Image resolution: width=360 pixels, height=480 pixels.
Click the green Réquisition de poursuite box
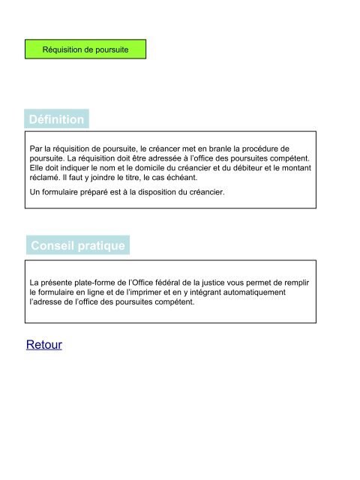pos(85,49)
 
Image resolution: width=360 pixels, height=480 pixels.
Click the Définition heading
pos(56,119)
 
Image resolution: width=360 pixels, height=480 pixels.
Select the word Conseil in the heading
pos(53,245)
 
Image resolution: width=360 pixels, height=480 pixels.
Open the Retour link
pos(43,345)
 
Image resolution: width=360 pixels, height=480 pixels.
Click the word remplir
pos(294,280)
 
